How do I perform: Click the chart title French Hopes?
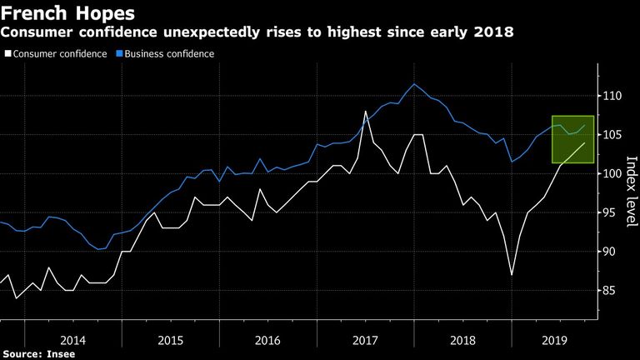67,13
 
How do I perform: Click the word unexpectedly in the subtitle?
212,32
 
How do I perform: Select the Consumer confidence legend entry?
56,54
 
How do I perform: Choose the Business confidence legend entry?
165,54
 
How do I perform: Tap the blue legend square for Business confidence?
119,53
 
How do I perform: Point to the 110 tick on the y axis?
612,96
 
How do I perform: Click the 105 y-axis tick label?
612,135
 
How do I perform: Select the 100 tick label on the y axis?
612,173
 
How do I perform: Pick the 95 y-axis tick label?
609,212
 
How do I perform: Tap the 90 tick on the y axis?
609,252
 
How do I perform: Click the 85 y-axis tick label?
609,291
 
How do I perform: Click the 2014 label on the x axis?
73,340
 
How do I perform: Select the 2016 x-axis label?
267,340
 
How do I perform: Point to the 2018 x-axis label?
462,340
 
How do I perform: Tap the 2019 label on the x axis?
555,340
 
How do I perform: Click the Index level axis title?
631,192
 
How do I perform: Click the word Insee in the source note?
61,354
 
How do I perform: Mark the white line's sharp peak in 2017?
365,111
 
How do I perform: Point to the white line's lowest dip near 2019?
512,275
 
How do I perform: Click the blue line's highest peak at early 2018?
414,84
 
